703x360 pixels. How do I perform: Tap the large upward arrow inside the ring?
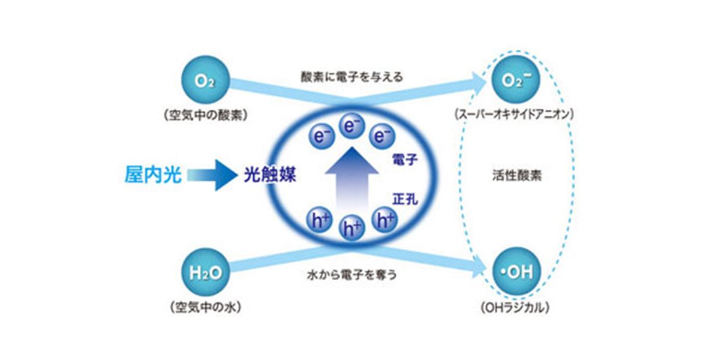(351, 180)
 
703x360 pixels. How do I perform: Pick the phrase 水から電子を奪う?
(351, 276)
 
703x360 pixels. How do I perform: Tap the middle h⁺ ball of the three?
(351, 227)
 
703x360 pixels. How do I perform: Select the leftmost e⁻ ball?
(323, 136)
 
